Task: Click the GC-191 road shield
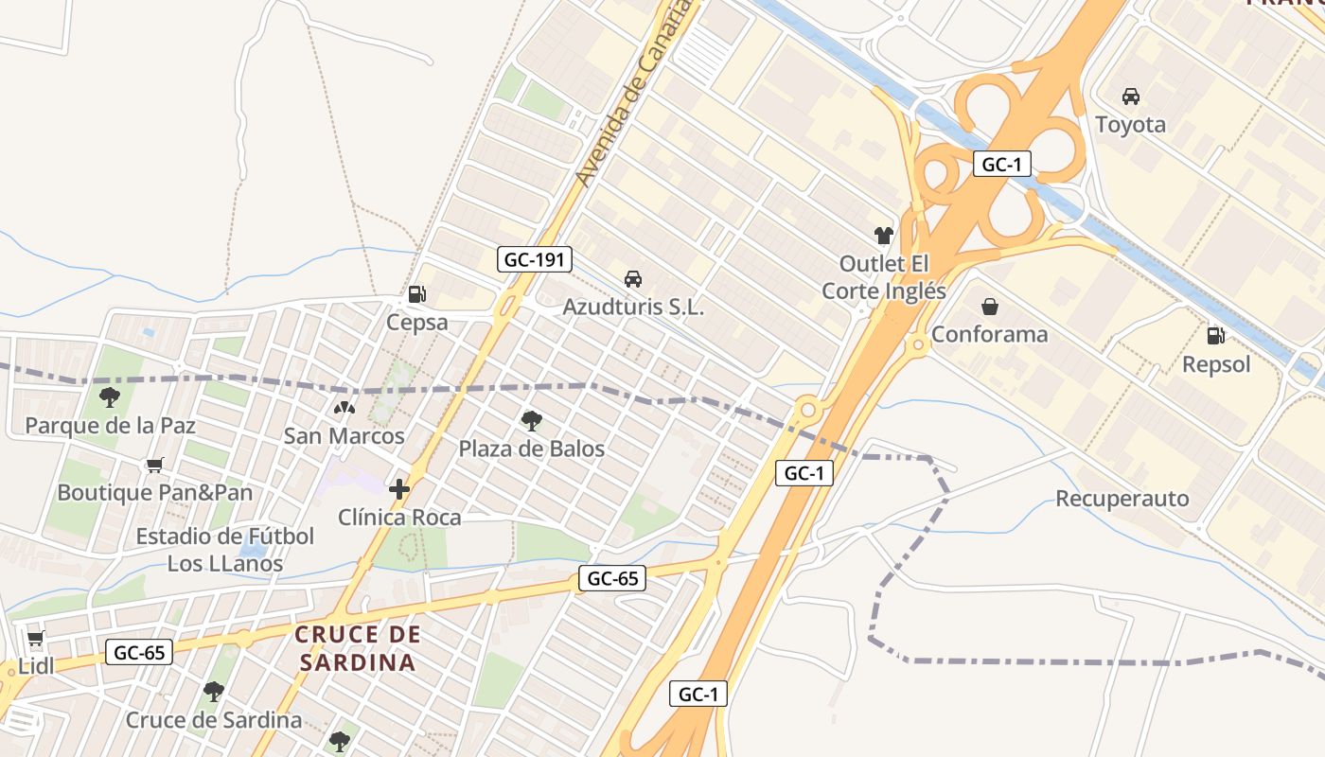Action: pos(535,258)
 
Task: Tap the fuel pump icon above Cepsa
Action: pos(416,294)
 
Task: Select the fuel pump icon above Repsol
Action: pos(1216,335)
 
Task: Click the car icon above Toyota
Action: pos(1130,96)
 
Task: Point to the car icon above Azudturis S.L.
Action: pos(633,278)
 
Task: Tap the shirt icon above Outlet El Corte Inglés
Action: pos(883,235)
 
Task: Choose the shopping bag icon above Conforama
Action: pos(989,306)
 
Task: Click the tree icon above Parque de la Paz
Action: pos(110,396)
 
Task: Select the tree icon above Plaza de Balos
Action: pos(531,420)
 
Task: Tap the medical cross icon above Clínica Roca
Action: pos(399,489)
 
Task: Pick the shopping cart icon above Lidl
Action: pos(36,639)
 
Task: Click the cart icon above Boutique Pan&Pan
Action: pos(155,465)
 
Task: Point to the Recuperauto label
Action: pos(1122,499)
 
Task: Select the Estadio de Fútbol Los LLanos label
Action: pos(225,550)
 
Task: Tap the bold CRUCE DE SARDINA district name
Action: pos(358,648)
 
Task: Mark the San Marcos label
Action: pos(344,436)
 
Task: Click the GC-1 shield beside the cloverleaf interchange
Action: pos(1001,164)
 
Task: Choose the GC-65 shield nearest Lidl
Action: pos(139,652)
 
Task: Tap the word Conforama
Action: pos(989,334)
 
